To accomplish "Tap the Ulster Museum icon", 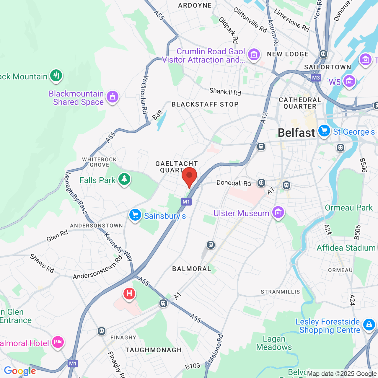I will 278,212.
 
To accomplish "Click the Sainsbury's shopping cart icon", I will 135,215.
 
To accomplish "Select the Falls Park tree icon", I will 124,179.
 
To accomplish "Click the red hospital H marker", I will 129,294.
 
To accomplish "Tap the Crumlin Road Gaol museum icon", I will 254,55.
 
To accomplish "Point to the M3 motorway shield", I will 316,78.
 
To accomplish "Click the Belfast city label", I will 296,133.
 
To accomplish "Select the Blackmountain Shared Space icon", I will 112,97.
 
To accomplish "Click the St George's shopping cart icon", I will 324,131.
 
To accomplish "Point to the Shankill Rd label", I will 225,92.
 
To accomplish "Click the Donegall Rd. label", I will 234,183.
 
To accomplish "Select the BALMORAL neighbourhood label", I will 192,269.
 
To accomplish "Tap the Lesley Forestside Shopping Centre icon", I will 369,325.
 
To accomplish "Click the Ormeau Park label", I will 349,208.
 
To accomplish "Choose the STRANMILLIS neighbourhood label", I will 280,292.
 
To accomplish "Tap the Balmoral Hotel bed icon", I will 58,342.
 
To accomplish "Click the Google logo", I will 20,371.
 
